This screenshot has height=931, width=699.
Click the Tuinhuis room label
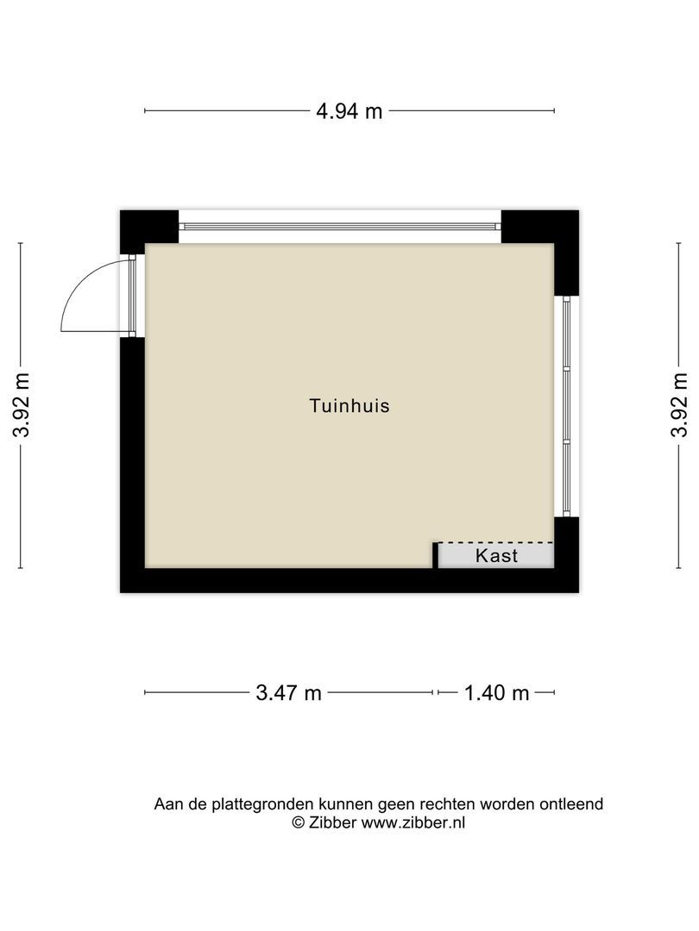pyautogui.click(x=349, y=405)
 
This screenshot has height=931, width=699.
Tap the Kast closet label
pyautogui.click(x=497, y=555)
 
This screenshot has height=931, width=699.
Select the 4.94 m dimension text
pyautogui.click(x=349, y=110)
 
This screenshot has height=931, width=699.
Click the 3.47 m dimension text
pyautogui.click(x=288, y=692)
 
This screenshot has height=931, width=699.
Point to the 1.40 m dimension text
pyautogui.click(x=496, y=692)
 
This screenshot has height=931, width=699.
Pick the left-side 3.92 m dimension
pyautogui.click(x=21, y=405)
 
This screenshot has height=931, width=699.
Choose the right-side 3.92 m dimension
pyautogui.click(x=679, y=405)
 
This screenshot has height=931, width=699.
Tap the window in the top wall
pyautogui.click(x=339, y=226)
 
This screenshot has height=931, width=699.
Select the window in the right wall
pyautogui.click(x=566, y=405)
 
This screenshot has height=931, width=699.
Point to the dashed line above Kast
pyautogui.click(x=495, y=542)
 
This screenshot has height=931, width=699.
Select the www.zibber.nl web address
pyautogui.click(x=412, y=822)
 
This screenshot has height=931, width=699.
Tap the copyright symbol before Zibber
pyautogui.click(x=299, y=822)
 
